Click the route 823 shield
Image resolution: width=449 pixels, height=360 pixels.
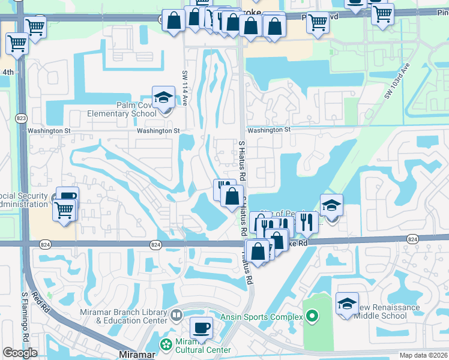[x=22, y=118]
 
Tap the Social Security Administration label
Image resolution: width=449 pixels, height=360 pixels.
[x=23, y=200]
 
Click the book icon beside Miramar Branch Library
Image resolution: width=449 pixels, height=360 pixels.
[x=176, y=314]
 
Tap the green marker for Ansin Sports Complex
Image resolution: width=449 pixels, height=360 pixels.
[x=311, y=316]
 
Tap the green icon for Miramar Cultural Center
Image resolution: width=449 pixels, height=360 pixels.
[x=166, y=344]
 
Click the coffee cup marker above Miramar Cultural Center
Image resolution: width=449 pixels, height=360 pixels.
[x=201, y=328]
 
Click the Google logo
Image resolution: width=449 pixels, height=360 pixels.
[x=20, y=353]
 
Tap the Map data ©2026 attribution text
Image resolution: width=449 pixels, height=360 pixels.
[x=423, y=355]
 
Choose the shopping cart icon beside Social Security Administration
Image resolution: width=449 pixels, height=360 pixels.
[x=64, y=210]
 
